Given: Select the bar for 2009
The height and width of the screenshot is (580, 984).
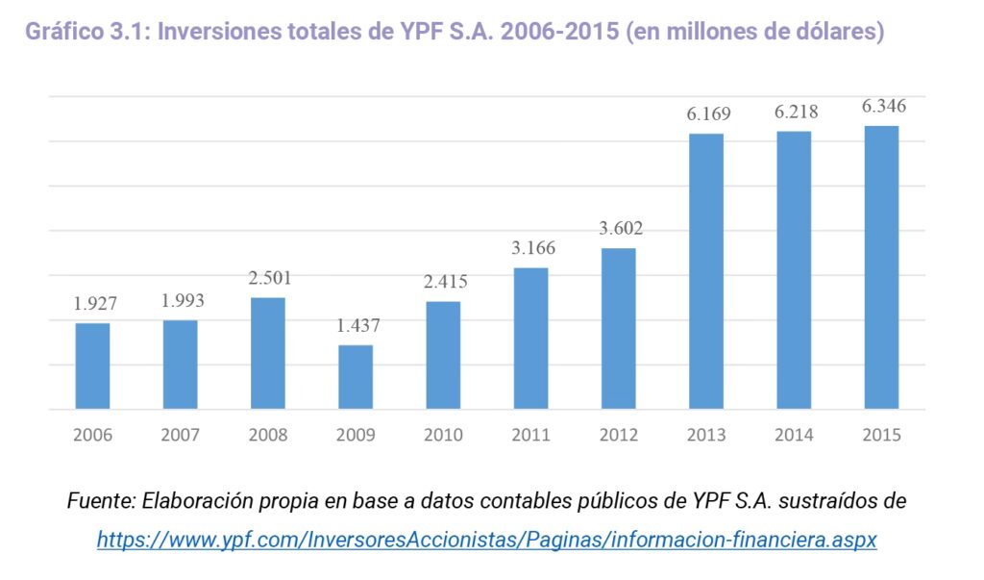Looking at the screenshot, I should [356, 377].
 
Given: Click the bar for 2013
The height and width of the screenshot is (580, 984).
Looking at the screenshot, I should [706, 271].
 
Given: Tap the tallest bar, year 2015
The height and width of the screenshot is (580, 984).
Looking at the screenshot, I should [881, 267].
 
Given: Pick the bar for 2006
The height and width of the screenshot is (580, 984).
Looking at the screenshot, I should [93, 366].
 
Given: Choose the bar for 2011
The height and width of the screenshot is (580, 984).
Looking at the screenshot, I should [530, 339].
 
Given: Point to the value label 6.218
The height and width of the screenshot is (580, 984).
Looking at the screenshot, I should [797, 113].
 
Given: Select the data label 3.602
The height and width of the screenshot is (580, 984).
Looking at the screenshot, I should [620, 229].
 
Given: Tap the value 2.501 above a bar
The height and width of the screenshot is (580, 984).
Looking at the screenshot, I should [269, 278].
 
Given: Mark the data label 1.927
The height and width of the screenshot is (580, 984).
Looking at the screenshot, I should [94, 303].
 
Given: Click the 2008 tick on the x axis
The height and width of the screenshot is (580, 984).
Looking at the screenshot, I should [268, 435].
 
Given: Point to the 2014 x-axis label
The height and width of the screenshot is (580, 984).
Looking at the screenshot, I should [794, 435].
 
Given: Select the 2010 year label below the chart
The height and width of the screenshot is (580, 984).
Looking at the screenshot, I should [443, 435].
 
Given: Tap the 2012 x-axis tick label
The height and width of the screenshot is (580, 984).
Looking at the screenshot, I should [618, 435].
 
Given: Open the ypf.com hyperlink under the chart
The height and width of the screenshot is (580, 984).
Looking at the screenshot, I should [486, 540].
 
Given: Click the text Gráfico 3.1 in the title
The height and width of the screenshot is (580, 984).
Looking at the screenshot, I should [86, 32].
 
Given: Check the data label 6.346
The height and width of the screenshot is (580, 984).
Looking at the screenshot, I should [883, 106].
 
